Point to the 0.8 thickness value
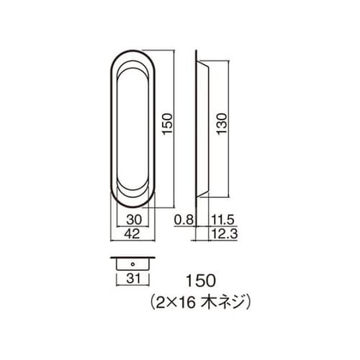tap(184, 220)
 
